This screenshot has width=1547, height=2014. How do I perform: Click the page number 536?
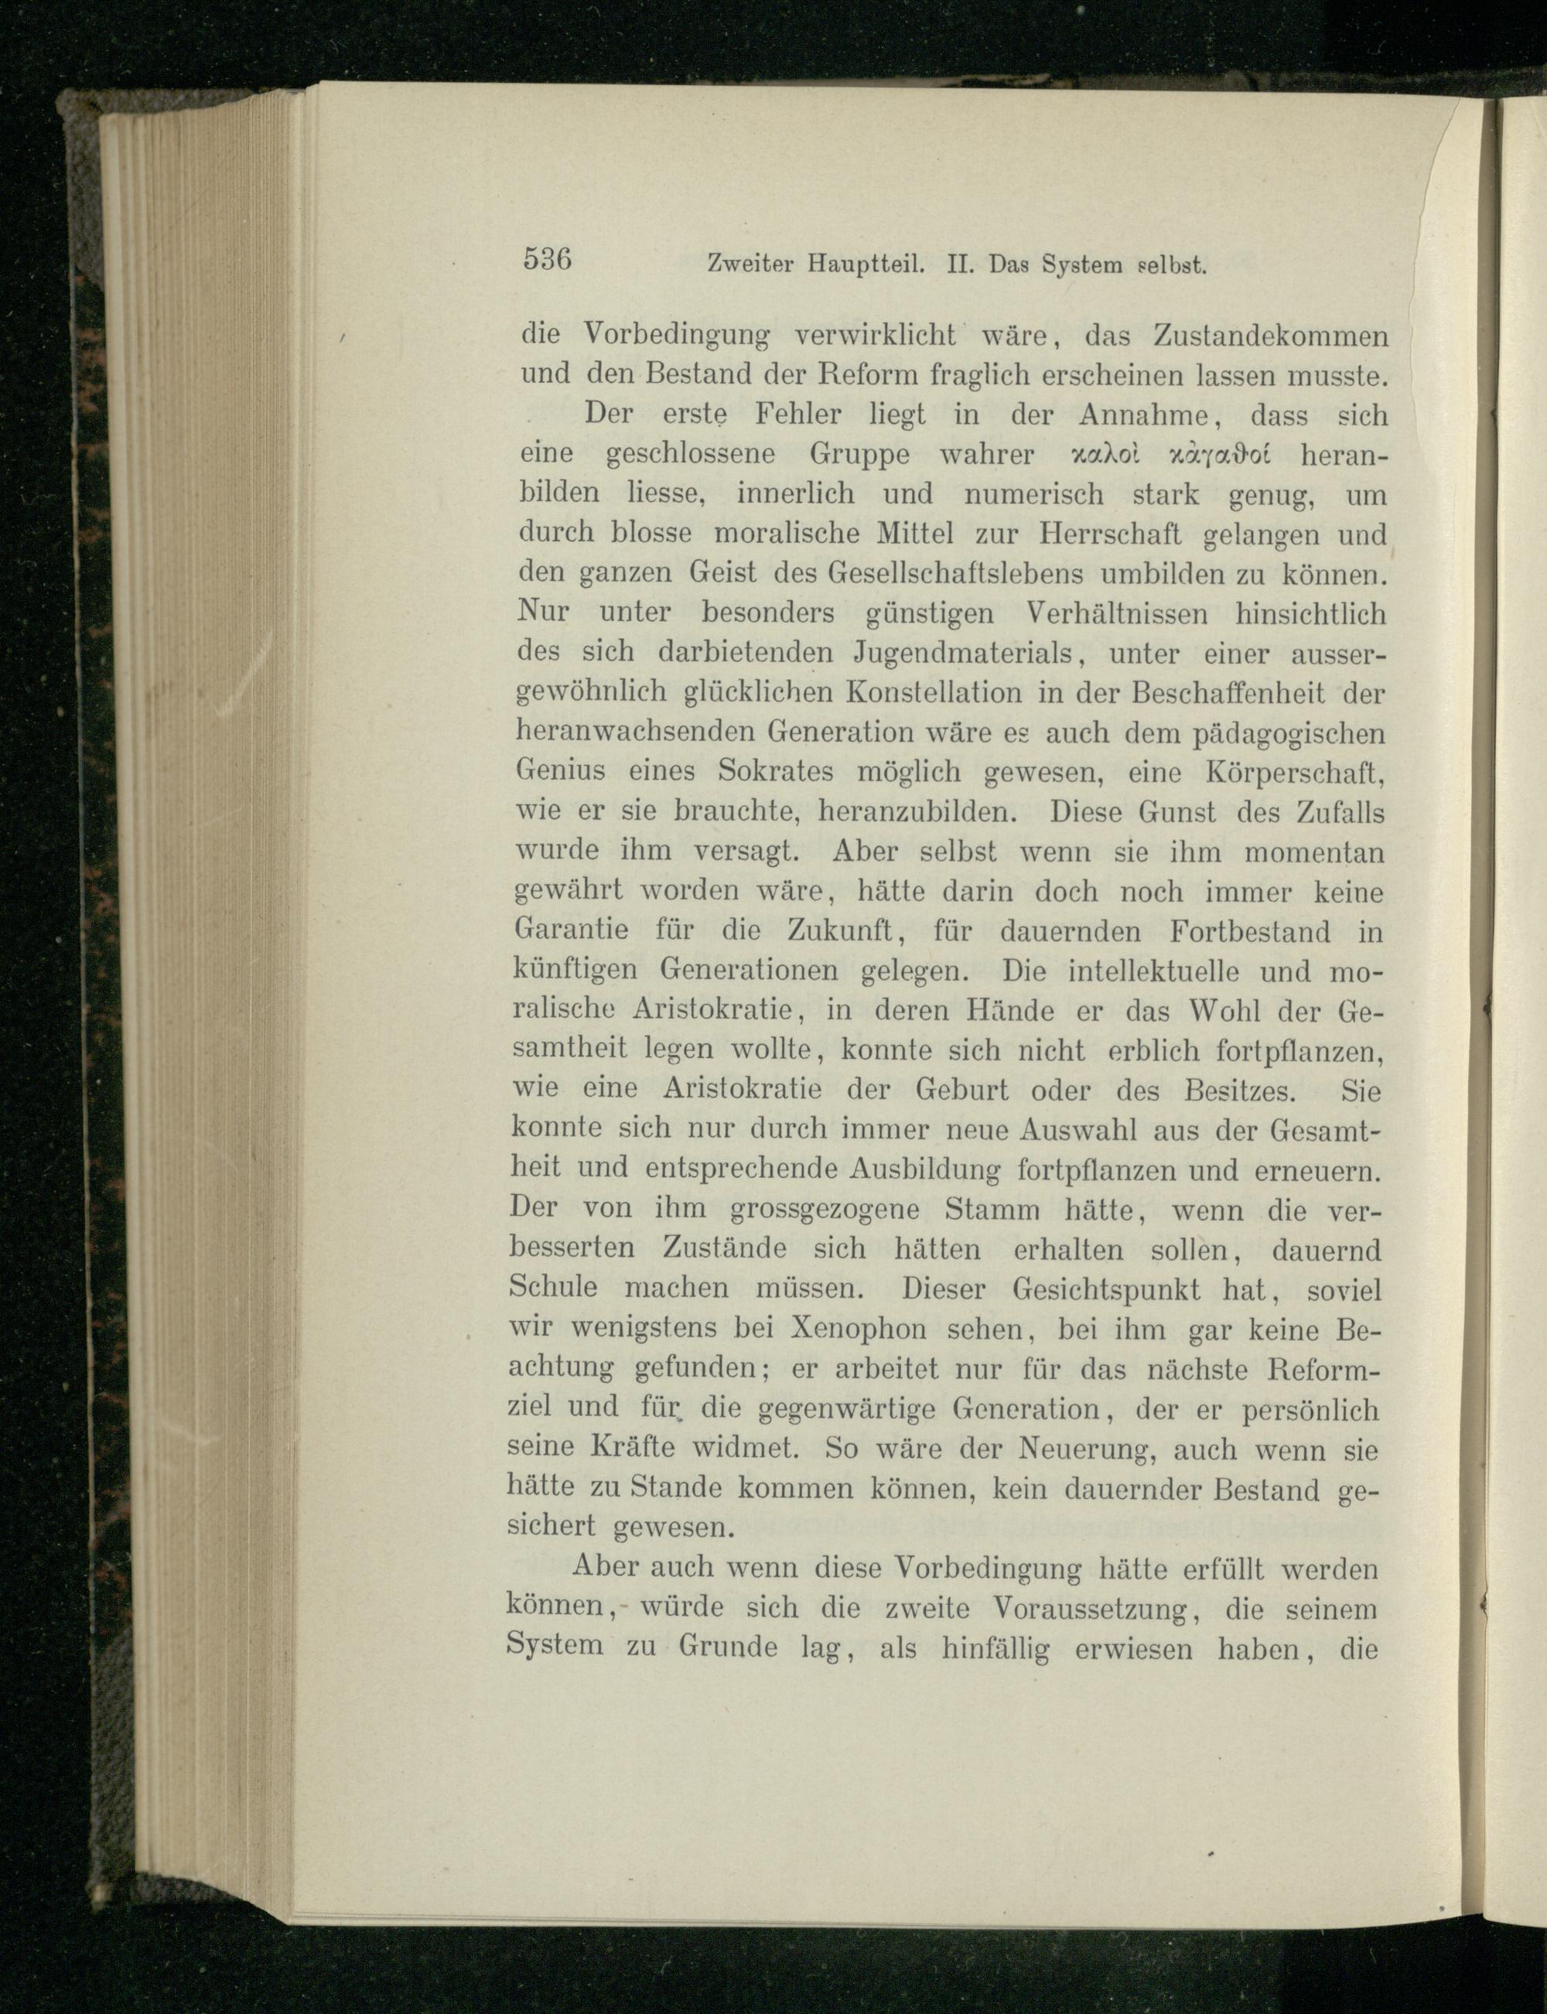(x=548, y=258)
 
